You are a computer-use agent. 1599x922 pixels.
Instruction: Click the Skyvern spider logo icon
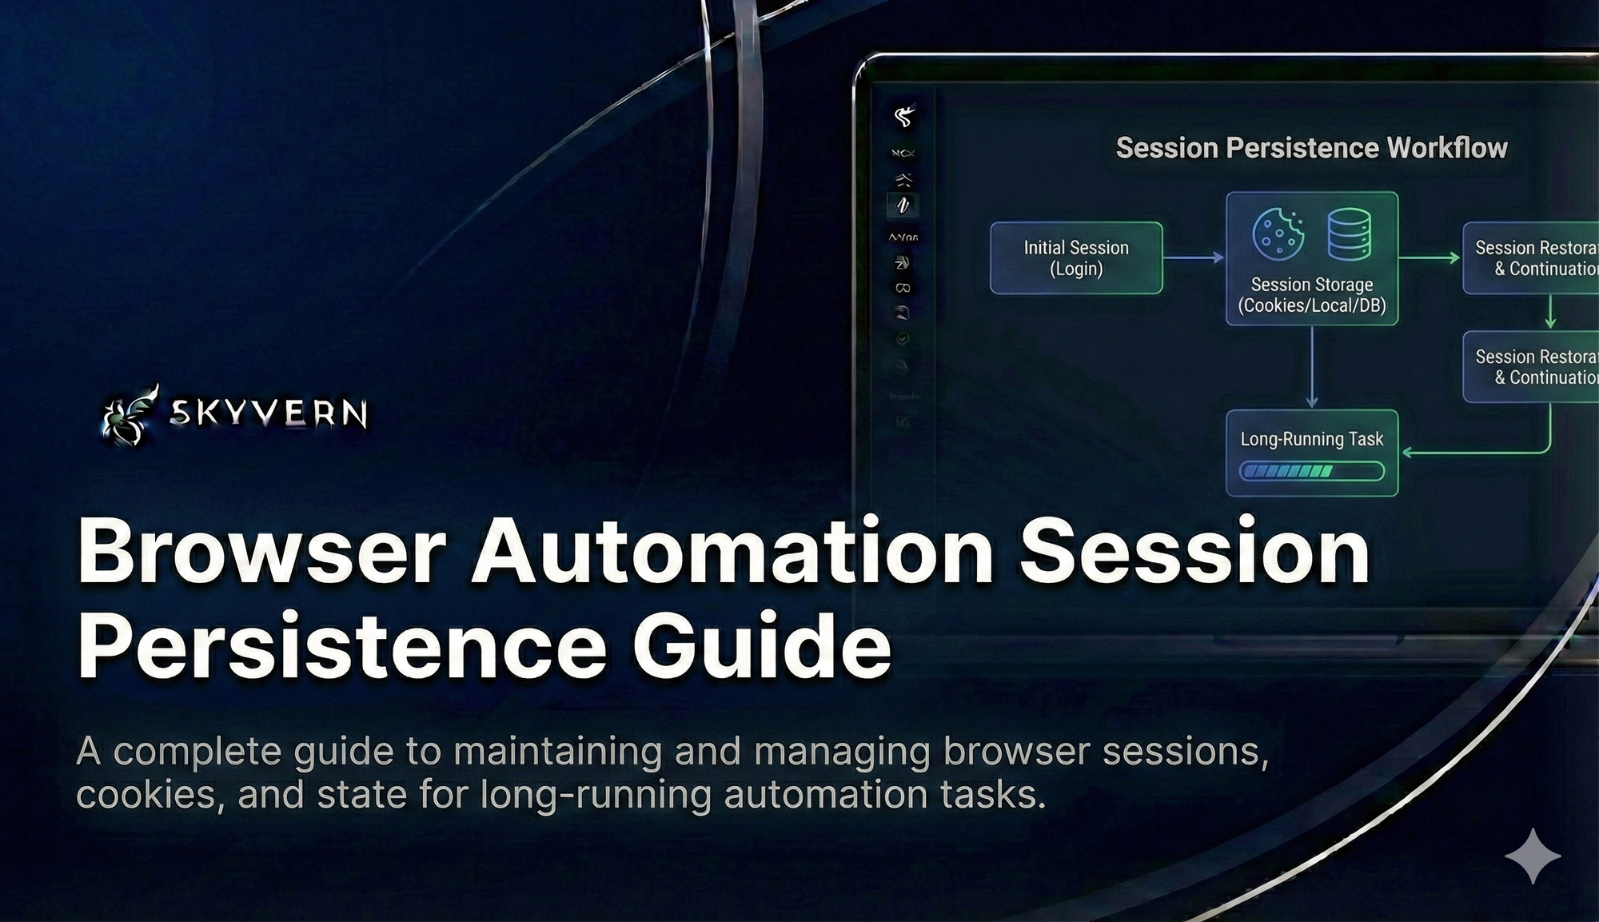point(128,413)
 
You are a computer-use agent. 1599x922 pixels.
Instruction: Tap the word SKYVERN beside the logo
point(269,413)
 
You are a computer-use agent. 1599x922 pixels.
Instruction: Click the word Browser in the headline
point(261,552)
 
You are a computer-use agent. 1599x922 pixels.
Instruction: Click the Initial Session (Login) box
point(1076,258)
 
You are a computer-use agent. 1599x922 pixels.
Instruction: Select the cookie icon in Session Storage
point(1278,233)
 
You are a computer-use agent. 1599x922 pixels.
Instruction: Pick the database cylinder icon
point(1350,233)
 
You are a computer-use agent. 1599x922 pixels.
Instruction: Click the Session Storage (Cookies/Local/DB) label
point(1312,295)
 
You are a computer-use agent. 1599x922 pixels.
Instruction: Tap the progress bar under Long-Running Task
point(1312,471)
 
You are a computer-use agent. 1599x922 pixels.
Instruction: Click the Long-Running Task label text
point(1312,439)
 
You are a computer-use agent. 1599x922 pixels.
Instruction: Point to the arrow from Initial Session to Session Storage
point(1194,257)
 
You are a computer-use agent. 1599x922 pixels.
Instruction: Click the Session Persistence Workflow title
point(1311,148)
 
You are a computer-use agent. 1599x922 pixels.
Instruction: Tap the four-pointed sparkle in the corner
point(1533,856)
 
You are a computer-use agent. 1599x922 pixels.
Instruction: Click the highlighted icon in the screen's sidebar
point(903,206)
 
